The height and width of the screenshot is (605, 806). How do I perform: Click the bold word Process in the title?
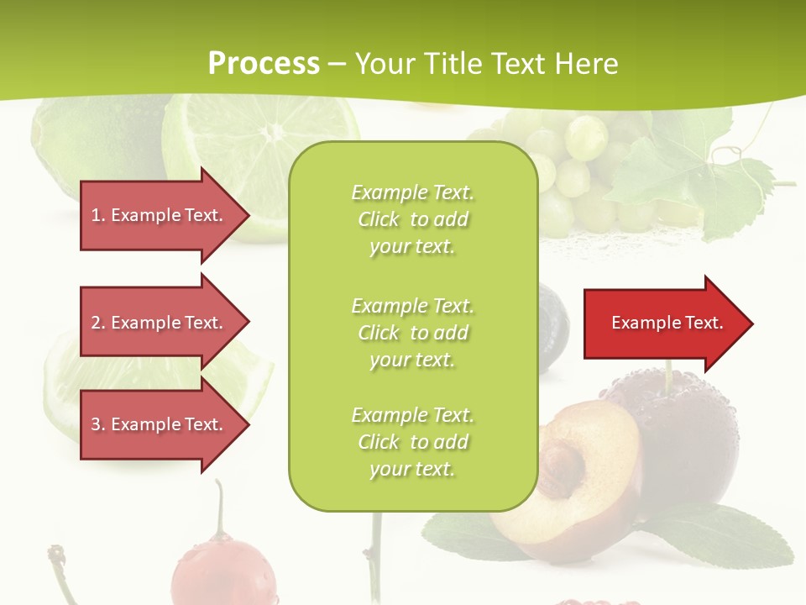264,64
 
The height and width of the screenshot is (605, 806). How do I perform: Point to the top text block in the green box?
412,219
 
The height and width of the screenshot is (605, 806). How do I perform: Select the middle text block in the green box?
412,333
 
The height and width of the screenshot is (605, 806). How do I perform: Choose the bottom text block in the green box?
412,442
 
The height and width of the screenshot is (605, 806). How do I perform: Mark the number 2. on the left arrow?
98,323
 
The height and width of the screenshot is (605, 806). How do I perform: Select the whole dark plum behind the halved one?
688,437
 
